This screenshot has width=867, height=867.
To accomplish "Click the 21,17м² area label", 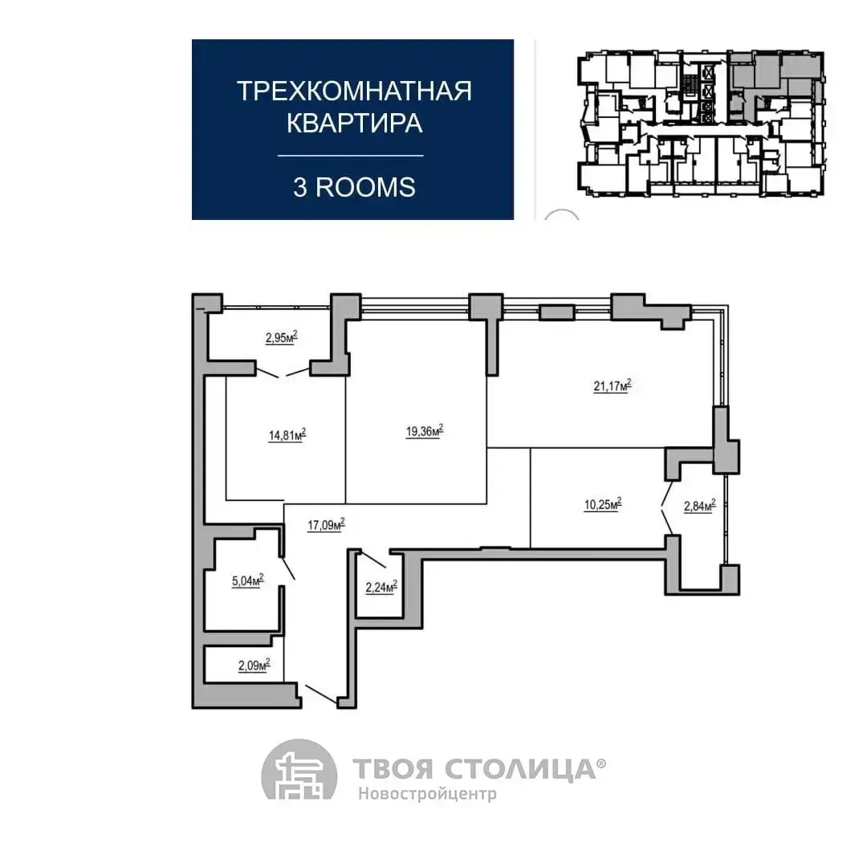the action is [612, 385].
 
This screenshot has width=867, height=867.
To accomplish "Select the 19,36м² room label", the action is [425, 431].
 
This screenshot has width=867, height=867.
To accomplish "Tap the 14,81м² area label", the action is [287, 434].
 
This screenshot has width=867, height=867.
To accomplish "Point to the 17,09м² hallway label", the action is [326, 524].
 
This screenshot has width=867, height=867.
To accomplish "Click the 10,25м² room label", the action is [603, 503].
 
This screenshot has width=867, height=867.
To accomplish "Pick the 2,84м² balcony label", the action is [700, 506].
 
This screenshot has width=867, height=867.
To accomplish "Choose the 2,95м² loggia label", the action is [282, 336].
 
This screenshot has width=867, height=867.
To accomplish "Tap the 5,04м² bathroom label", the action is [248, 580].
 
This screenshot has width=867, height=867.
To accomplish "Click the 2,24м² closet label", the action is [381, 587].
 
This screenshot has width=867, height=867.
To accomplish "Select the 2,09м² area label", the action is [254, 665].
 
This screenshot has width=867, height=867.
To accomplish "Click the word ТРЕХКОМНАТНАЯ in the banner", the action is [355, 92].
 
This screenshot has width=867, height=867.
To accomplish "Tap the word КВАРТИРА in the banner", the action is [355, 123].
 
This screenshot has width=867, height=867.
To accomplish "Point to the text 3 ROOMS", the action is [355, 187].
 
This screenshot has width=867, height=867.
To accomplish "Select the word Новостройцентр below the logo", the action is [427, 794].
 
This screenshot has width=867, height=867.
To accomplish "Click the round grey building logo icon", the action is [299, 769].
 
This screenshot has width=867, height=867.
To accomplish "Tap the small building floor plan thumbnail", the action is [702, 124].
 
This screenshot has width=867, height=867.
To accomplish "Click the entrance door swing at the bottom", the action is [320, 694].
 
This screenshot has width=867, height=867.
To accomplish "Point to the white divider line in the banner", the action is [351, 156].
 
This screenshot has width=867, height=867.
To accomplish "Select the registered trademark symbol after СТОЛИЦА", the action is [601, 763].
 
